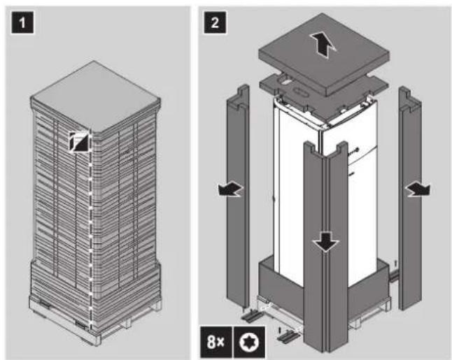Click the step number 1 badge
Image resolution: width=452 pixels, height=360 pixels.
click(22, 22)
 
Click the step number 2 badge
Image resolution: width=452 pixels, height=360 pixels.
click(215, 22)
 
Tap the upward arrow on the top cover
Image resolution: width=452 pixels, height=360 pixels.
click(322, 45)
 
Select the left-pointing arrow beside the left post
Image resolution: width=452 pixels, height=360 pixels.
click(231, 190)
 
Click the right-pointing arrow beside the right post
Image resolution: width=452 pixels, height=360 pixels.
click(418, 190)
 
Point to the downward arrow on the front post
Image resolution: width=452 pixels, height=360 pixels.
click(326, 242)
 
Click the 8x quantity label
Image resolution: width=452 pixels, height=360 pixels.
click(216, 342)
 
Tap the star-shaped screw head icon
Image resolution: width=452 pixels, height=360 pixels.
click(249, 342)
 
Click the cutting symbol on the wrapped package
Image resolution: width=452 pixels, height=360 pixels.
click(78, 141)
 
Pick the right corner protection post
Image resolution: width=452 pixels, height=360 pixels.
click(410, 199)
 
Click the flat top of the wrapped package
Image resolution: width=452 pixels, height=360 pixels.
click(95, 96)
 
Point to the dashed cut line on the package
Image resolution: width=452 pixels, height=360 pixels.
click(90, 231)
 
